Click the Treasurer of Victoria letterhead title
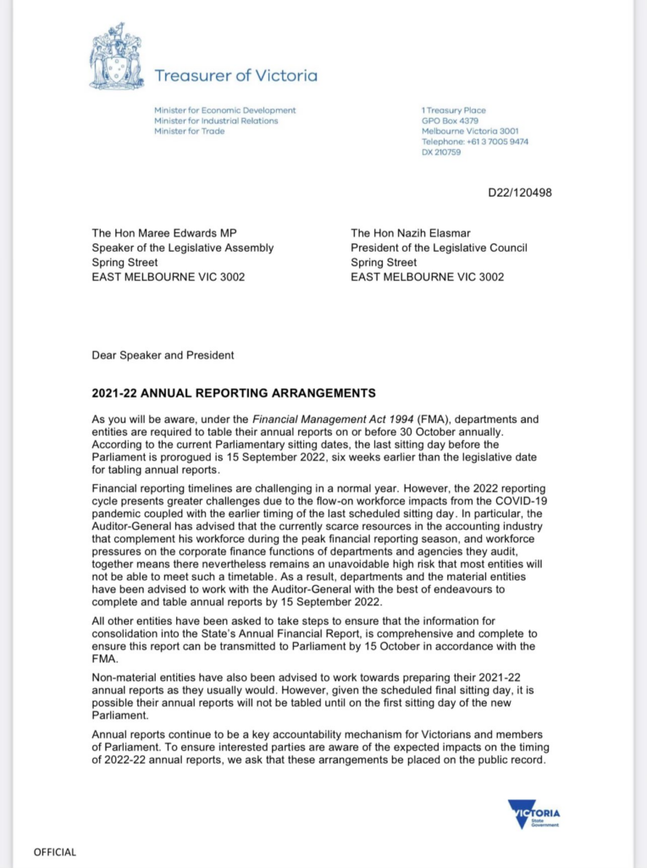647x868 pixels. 235,75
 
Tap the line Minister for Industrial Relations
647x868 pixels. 216,120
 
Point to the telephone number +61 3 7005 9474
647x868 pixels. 474,142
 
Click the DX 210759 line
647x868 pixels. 441,152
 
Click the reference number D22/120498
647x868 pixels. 520,192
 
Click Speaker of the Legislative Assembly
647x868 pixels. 182,248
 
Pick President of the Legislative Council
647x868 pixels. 439,248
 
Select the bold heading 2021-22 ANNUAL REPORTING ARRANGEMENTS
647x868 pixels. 234,393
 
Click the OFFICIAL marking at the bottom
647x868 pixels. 54,852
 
